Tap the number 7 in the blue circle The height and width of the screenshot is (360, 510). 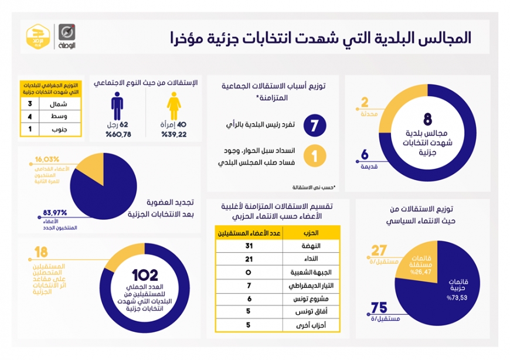coord(314,125)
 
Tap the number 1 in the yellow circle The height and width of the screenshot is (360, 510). coord(314,158)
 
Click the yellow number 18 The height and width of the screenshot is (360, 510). coord(41,253)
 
